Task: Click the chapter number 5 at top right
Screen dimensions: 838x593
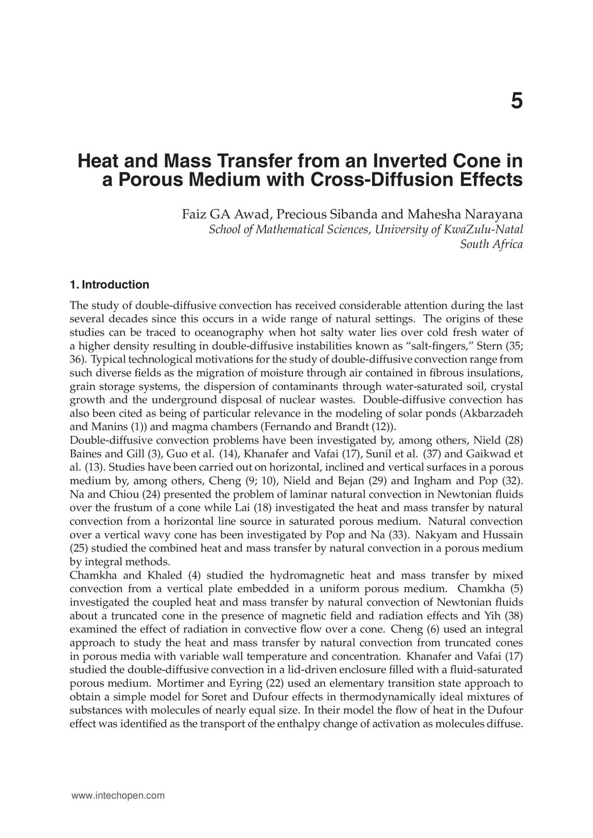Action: (x=516, y=101)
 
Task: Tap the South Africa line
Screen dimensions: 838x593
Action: (x=491, y=244)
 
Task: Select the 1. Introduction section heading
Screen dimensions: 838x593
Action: (x=109, y=285)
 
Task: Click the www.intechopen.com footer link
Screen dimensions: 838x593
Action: (x=117, y=796)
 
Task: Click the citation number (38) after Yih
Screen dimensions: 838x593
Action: (x=513, y=616)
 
